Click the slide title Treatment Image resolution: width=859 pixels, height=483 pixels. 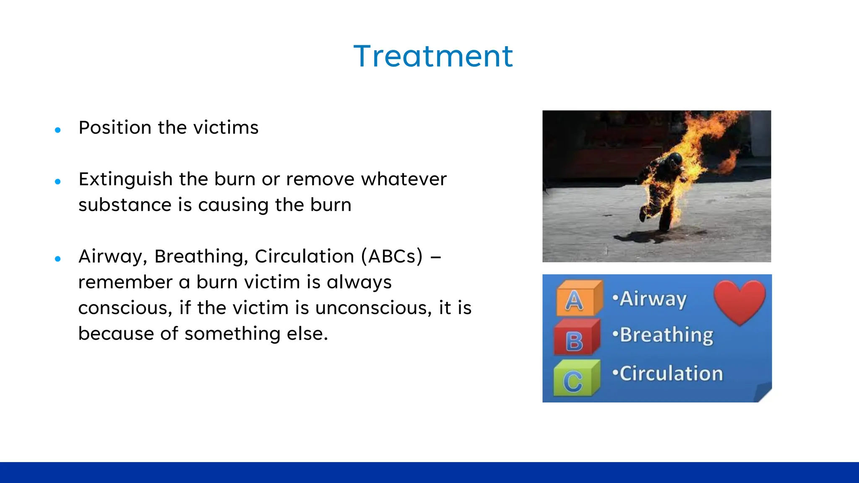[x=433, y=56]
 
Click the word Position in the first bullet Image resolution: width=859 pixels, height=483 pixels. [x=115, y=127]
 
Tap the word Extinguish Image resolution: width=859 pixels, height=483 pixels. [x=125, y=179]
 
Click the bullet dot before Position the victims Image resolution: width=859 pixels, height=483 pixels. [x=58, y=130]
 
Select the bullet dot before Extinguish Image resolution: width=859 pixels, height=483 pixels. [x=58, y=182]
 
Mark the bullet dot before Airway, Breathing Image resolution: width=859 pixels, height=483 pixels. [x=58, y=259]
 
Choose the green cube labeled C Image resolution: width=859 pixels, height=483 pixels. [x=574, y=378]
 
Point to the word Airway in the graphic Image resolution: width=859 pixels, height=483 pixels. [x=653, y=299]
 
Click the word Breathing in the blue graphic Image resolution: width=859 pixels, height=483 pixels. [x=666, y=335]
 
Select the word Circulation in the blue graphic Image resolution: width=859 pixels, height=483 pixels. [x=671, y=374]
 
